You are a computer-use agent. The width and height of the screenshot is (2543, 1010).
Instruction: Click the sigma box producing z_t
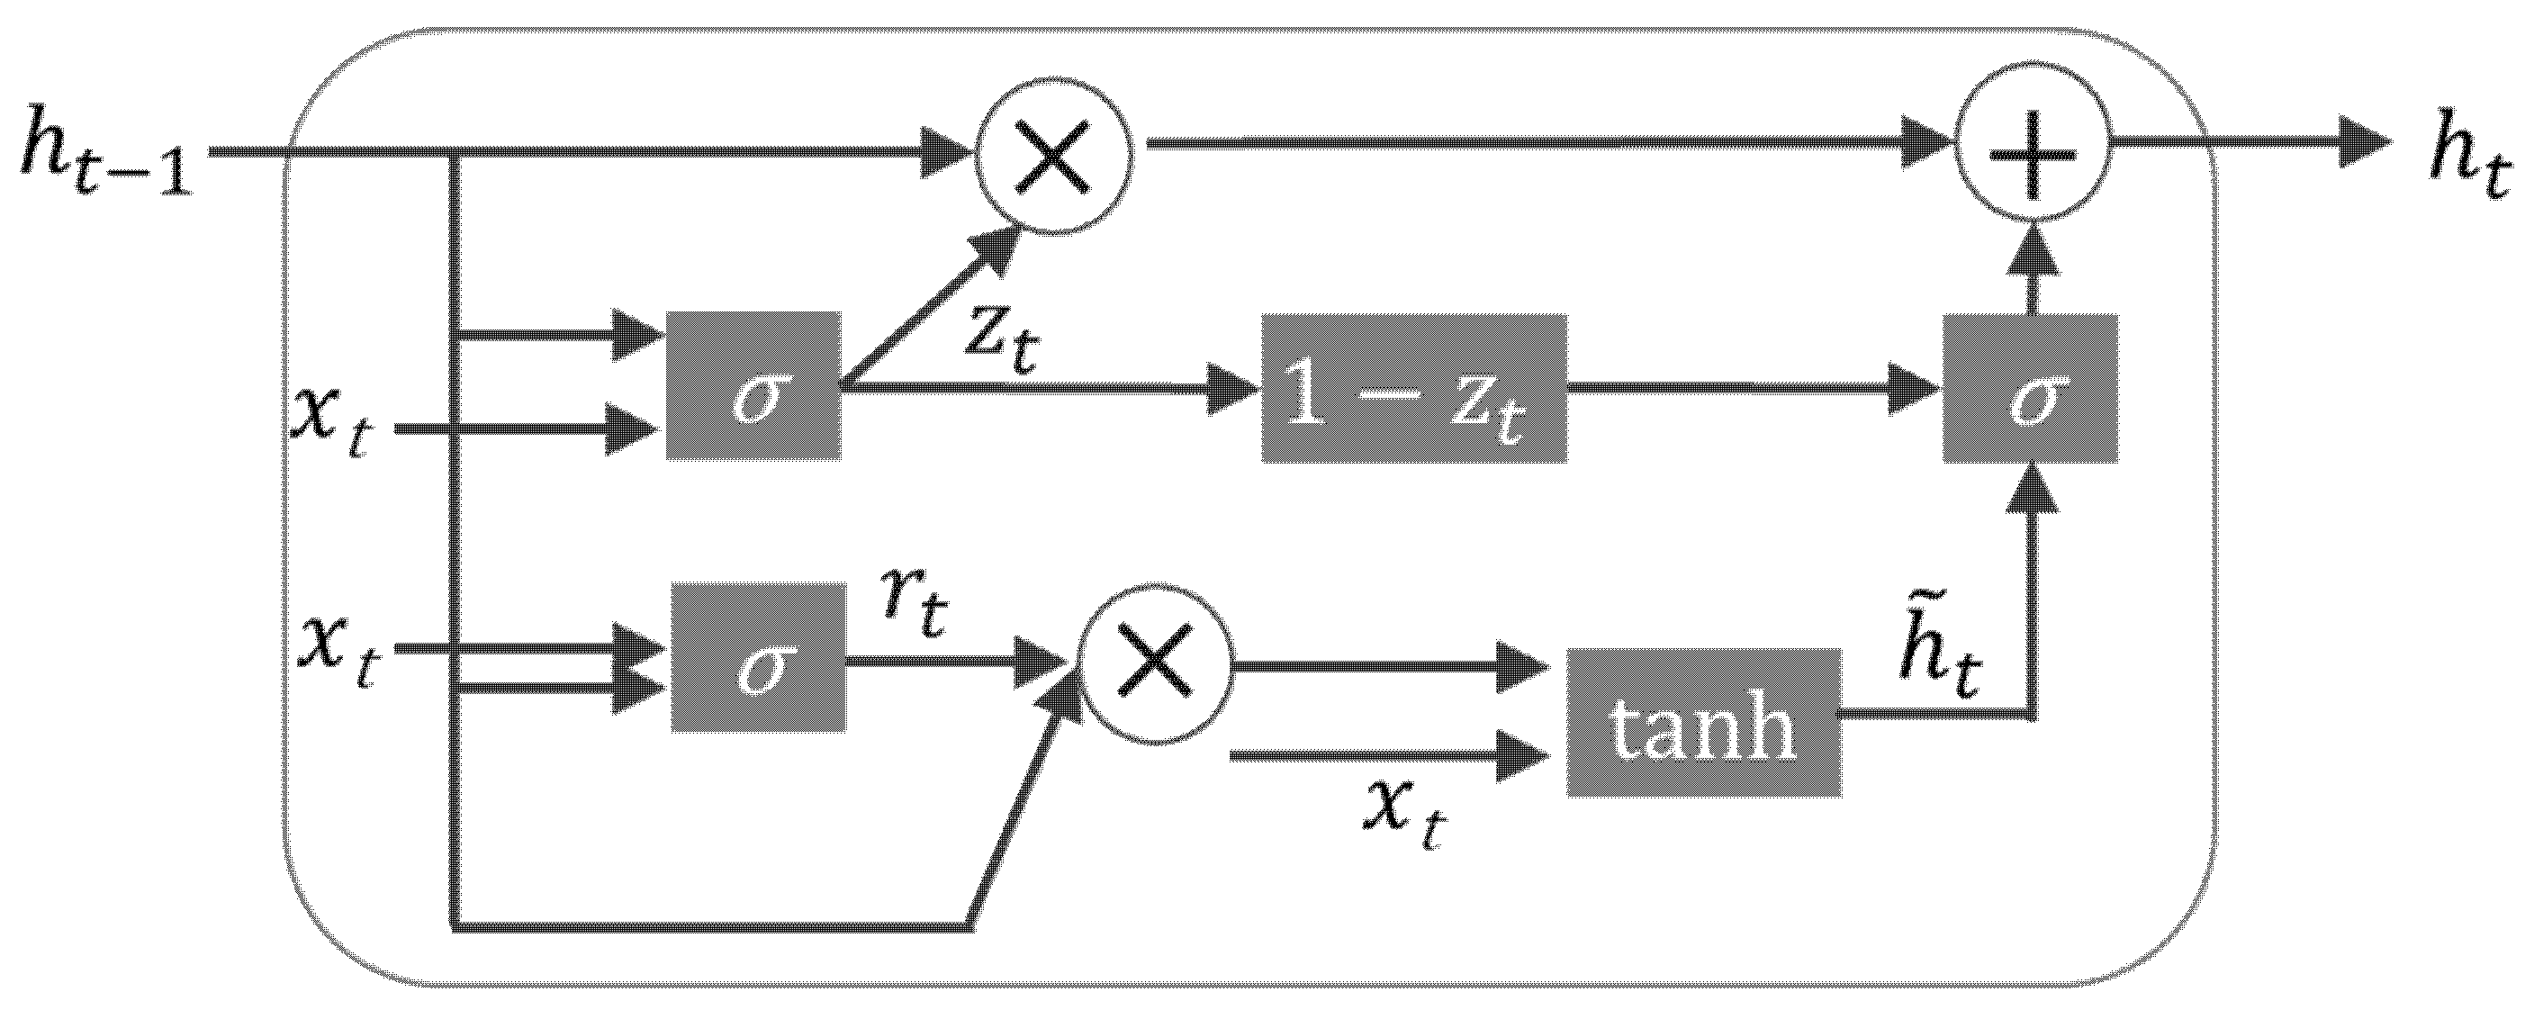coord(754,386)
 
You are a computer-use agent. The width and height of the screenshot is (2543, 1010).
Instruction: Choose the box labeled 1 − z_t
coord(1413,389)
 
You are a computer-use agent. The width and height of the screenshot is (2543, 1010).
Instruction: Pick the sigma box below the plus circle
coord(2031,388)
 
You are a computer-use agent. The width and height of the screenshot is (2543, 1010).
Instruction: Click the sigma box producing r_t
coord(758,657)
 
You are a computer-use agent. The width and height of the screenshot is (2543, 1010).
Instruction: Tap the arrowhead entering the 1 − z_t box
coord(1234,388)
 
